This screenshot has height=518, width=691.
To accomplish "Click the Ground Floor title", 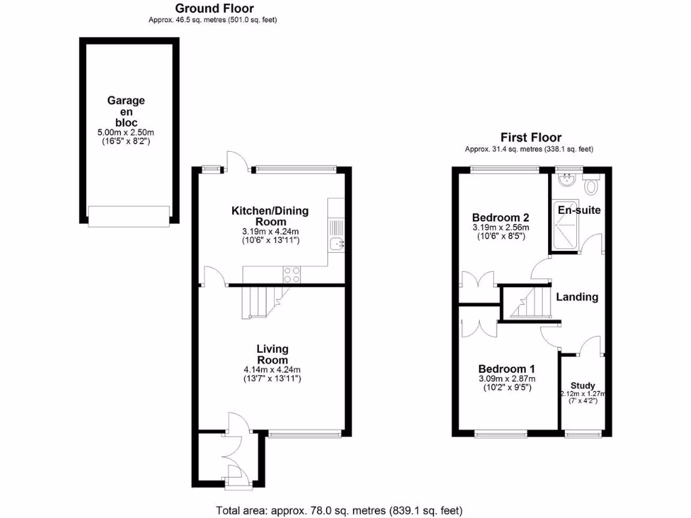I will coord(215,9).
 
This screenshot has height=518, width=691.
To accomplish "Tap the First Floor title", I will coord(530,138).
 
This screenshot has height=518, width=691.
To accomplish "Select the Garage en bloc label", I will coord(126,111).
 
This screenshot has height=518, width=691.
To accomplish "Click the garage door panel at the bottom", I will coord(129,216).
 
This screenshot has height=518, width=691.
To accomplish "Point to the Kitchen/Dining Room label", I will coord(270,216).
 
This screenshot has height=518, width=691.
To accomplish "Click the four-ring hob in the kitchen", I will coord(291,274).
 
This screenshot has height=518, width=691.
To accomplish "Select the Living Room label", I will coord(273,354).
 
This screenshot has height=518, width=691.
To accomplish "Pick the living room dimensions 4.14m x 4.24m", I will coord(273,370).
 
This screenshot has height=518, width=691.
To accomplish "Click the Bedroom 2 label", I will coord(500,218).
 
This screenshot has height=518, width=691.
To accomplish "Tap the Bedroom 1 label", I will coord(507,369).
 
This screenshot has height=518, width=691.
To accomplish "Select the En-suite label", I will coord(579,210).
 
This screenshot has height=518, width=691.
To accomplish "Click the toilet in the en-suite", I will coord(592,185).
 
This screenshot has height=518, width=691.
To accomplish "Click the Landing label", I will coord(577,297).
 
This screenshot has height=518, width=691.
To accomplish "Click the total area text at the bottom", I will coord(339,510).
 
